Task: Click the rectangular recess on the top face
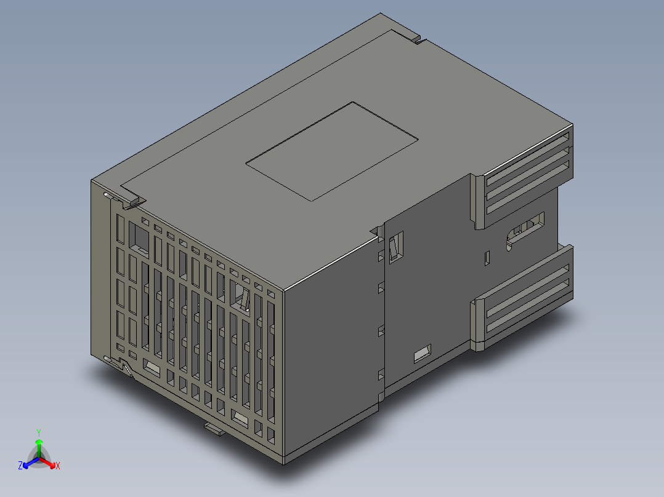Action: click(x=333, y=151)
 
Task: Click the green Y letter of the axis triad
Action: click(x=38, y=432)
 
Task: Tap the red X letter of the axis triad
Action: click(x=57, y=466)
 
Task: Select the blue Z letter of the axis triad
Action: click(x=20, y=466)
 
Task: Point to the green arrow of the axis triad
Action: click(x=38, y=444)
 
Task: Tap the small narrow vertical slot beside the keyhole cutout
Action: click(x=487, y=258)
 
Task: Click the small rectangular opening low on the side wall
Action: click(x=422, y=354)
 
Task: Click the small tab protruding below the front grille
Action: click(x=214, y=427)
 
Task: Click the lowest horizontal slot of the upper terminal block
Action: click(x=527, y=194)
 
